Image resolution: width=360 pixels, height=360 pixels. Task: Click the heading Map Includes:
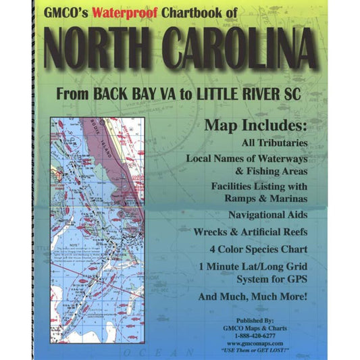pyautogui.click(x=260, y=126)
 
